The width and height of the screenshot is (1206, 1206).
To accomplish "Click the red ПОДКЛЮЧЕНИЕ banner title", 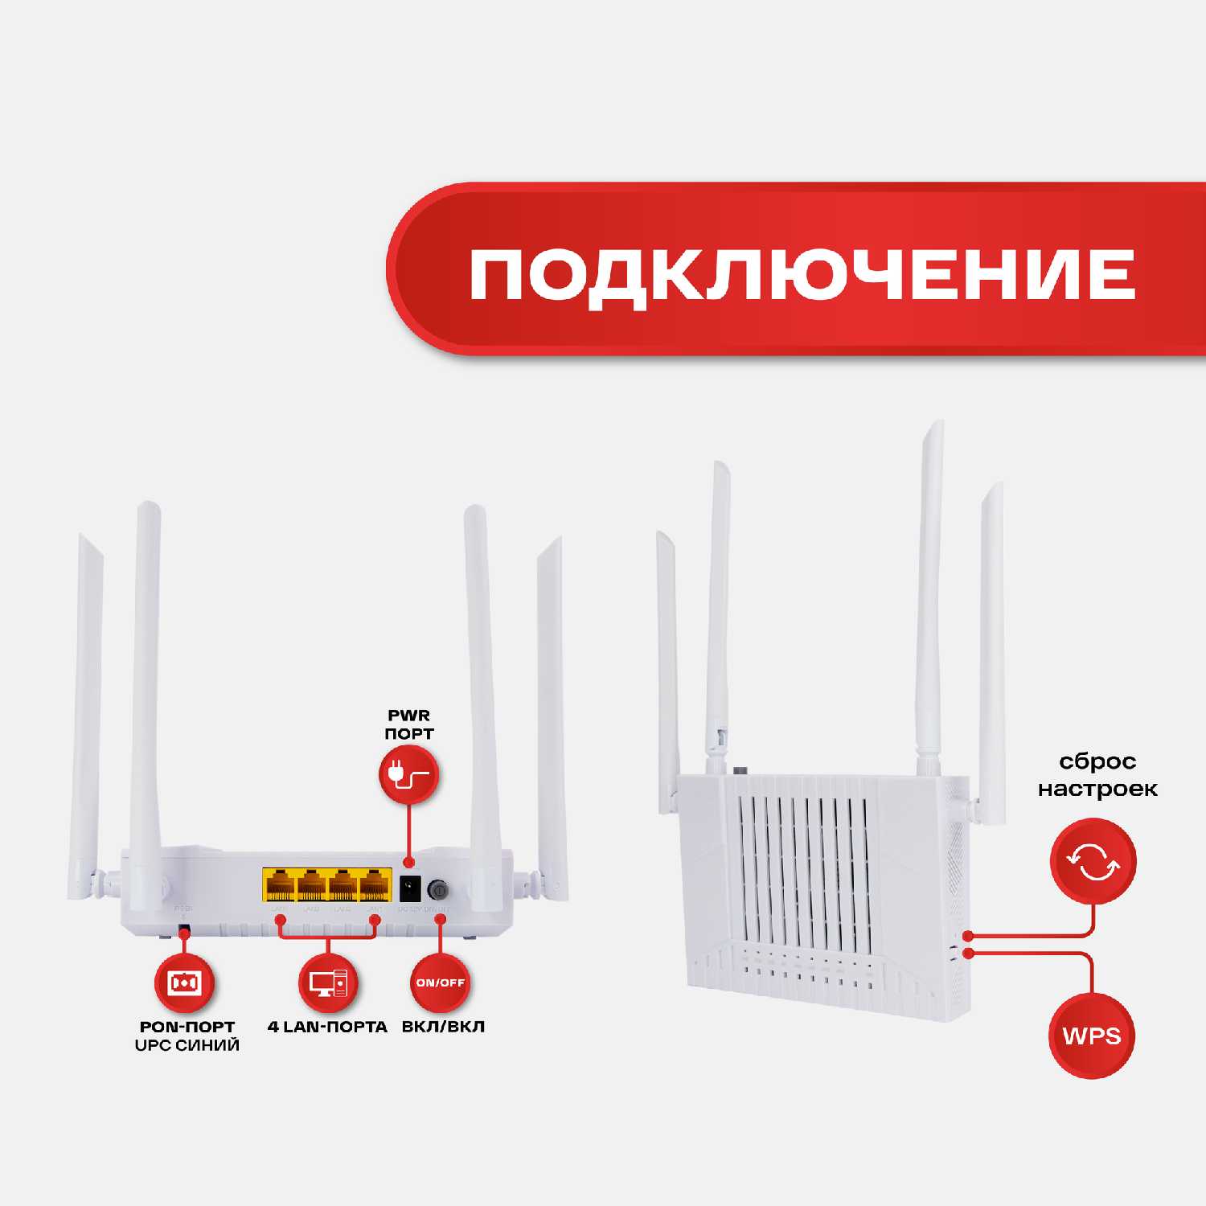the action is pos(802,274).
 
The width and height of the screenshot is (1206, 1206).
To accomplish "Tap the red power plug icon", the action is pos(408,775).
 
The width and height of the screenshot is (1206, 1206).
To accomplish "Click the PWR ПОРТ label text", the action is pos(409,724).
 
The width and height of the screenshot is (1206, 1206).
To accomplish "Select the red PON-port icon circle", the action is pos(184,982).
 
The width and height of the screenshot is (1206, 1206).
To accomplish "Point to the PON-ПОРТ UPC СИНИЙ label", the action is pos(187,1036).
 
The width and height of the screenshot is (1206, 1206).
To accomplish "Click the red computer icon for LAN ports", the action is pos(327,982).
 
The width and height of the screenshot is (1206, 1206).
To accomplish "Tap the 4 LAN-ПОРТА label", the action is pos(327,1027).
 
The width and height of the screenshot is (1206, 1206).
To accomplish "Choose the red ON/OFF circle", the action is pos(440,982).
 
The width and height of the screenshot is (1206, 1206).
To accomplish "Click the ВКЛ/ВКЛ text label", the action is pos(443,1027).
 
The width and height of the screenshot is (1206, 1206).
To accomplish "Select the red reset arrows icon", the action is pos(1093,861).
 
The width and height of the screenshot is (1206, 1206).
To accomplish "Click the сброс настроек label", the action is pos(1097,775).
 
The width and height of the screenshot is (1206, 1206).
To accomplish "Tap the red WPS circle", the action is pos(1092,1036).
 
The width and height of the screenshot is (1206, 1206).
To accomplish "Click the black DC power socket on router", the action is pos(410,888).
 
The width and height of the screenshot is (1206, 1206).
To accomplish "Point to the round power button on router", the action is pos(438,890).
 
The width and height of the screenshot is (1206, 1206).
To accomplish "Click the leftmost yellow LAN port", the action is pos(279,885).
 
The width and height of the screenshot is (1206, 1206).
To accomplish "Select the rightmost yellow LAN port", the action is pos(375,885).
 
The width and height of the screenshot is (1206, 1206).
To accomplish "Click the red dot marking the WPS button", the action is pos(968,954).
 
